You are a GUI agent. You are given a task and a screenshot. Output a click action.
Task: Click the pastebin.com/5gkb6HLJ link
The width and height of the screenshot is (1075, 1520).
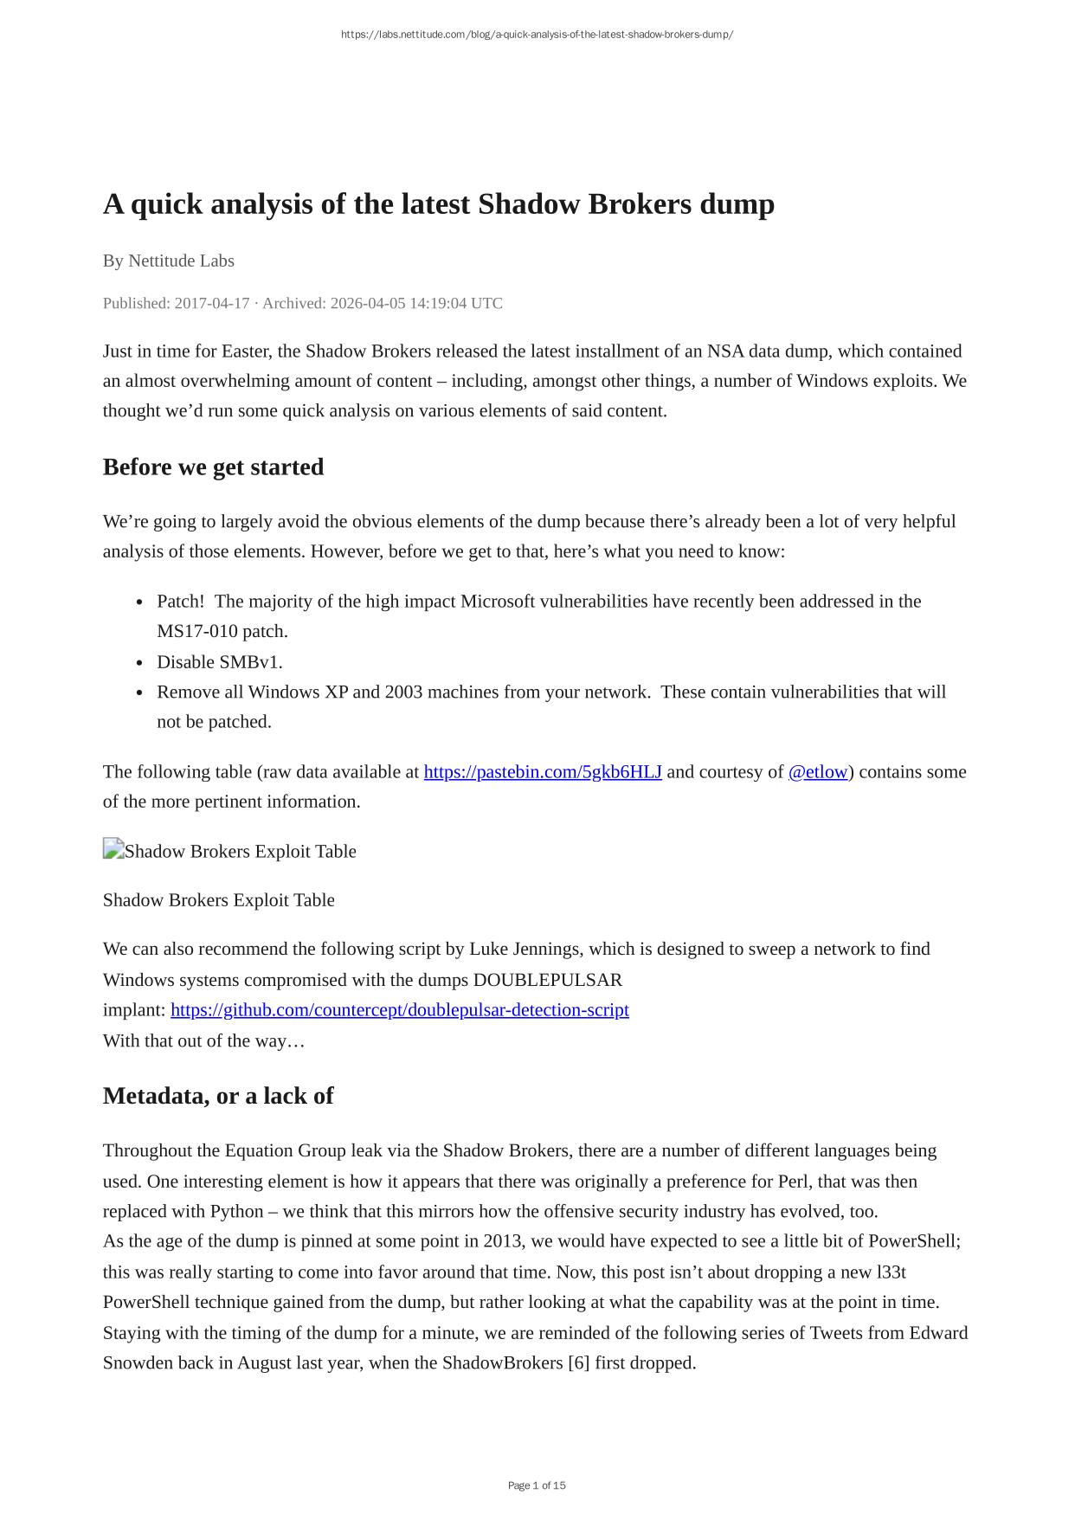coord(543,772)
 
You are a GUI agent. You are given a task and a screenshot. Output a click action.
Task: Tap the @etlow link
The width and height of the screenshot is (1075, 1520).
coord(817,772)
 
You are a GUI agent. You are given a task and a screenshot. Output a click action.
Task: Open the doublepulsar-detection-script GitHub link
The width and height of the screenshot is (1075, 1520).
coord(399,1010)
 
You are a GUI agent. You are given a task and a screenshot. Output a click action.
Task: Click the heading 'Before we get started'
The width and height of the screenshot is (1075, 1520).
coord(213,467)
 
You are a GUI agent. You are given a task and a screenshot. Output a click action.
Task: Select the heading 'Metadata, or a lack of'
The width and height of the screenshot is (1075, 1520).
coord(218,1096)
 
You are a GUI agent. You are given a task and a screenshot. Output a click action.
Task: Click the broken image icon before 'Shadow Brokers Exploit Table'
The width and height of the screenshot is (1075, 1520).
coord(113,850)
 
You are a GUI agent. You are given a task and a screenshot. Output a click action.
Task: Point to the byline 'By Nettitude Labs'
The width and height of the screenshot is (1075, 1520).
coord(168,261)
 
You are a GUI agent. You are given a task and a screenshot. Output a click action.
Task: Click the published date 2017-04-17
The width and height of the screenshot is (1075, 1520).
coord(211,303)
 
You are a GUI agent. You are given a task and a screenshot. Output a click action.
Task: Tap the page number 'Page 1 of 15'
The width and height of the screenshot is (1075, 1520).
coord(537,1485)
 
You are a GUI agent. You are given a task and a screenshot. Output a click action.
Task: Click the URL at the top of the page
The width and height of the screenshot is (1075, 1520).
coord(537,35)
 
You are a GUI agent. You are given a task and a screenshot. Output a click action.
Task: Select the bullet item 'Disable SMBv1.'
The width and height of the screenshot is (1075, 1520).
coord(220,662)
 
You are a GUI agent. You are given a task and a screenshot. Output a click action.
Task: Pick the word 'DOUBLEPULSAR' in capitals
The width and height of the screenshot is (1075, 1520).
coord(548,980)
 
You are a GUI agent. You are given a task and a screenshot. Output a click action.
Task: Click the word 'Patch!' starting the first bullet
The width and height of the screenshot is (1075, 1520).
coord(180,602)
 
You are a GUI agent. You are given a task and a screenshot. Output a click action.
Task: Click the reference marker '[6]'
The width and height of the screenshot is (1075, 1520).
coord(578,1363)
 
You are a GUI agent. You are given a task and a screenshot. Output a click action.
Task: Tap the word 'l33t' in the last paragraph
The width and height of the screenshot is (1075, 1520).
coord(892,1272)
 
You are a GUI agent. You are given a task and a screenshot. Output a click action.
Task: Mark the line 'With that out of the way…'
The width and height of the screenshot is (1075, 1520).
coord(203,1040)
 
